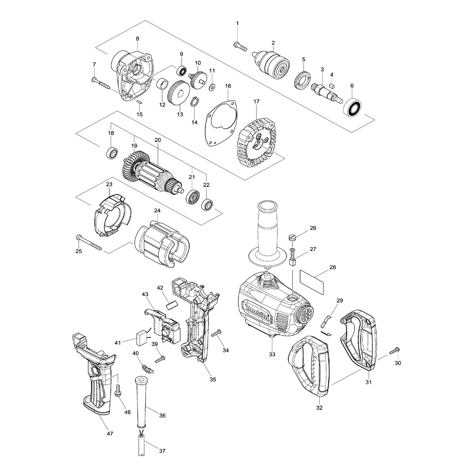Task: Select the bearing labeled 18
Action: click(112, 153)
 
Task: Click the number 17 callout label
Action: click(256, 102)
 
